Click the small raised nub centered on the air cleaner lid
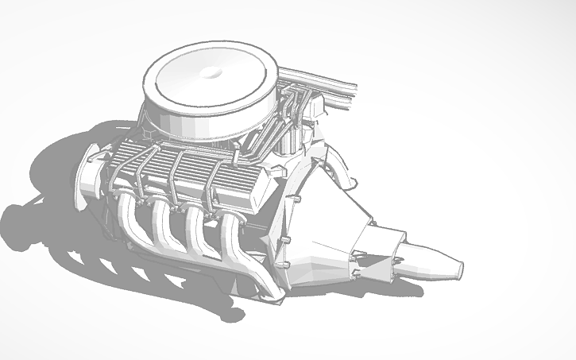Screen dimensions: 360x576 212,73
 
